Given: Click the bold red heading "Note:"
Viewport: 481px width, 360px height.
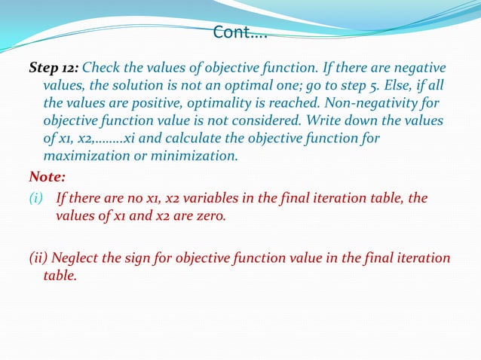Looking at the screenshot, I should click(x=47, y=178).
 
